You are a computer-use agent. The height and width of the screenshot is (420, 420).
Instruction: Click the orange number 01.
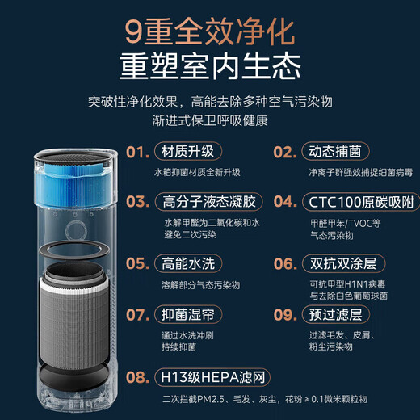point(138,153)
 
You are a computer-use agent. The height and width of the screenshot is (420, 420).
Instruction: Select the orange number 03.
point(138,201)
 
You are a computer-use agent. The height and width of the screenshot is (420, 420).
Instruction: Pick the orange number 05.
point(138,263)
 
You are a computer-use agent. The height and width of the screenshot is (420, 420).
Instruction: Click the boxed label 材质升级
point(187,153)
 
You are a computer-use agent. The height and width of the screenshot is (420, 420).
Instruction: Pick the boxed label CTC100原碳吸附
point(352,201)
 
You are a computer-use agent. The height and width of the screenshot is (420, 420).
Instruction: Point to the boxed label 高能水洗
point(187,263)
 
